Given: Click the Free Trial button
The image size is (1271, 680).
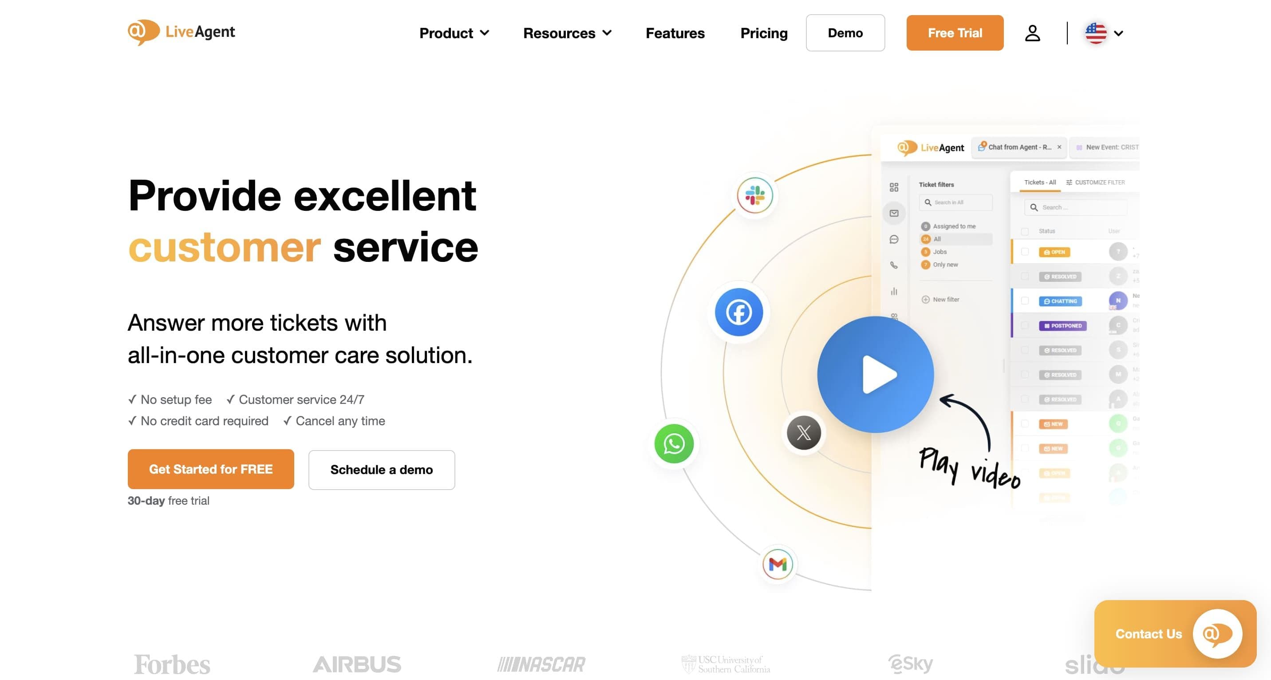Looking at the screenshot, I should pyautogui.click(x=954, y=33).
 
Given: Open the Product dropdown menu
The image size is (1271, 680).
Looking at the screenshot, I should pyautogui.click(x=454, y=33).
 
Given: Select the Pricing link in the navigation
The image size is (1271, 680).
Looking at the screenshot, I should pyautogui.click(x=763, y=33).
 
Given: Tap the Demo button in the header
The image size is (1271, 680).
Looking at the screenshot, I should pyautogui.click(x=845, y=33).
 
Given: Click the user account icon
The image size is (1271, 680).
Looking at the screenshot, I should pyautogui.click(x=1032, y=33).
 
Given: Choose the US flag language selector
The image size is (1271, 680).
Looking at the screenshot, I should pyautogui.click(x=1103, y=33).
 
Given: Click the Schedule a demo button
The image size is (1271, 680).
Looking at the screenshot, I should pyautogui.click(x=381, y=470).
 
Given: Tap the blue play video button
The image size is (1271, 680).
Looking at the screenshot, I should pyautogui.click(x=875, y=375).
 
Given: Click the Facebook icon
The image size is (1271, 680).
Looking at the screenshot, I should pyautogui.click(x=738, y=312).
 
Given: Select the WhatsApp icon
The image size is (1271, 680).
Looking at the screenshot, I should pyautogui.click(x=674, y=443).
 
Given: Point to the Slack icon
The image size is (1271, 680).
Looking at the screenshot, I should pyautogui.click(x=754, y=195).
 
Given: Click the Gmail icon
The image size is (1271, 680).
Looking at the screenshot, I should pyautogui.click(x=778, y=564).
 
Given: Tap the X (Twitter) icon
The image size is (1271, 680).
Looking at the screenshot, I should pyautogui.click(x=804, y=433).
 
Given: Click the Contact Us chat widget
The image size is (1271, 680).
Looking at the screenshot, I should pyautogui.click(x=1175, y=633).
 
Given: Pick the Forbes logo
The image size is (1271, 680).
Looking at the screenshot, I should pyautogui.click(x=172, y=664).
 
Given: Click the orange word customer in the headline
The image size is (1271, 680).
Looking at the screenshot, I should pyautogui.click(x=225, y=247).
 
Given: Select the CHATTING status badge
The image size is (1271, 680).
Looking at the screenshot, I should pyautogui.click(x=1060, y=301).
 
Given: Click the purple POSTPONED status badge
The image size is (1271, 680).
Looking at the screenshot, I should pyautogui.click(x=1062, y=326).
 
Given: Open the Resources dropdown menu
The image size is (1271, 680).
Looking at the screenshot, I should pyautogui.click(x=567, y=33).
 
